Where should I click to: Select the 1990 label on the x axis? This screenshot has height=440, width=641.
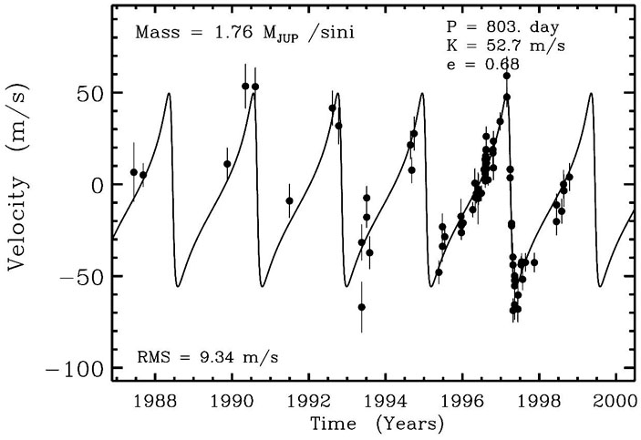pyautogui.click(x=233, y=402)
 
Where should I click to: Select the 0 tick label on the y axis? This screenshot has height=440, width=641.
pyautogui.click(x=94, y=185)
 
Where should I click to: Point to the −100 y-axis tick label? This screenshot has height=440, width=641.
pyautogui.click(x=68, y=369)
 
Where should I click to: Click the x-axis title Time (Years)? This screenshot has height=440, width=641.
pyautogui.click(x=377, y=424)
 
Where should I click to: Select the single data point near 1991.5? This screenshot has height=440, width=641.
pyautogui.click(x=289, y=200)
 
